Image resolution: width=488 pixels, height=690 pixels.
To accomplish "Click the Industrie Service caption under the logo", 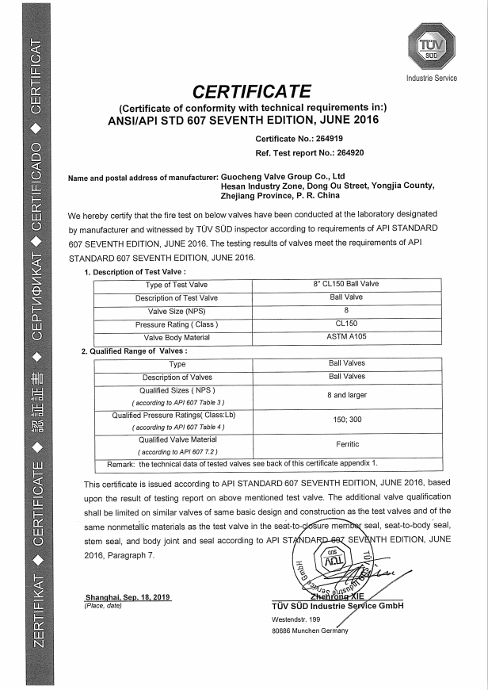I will (432, 79).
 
